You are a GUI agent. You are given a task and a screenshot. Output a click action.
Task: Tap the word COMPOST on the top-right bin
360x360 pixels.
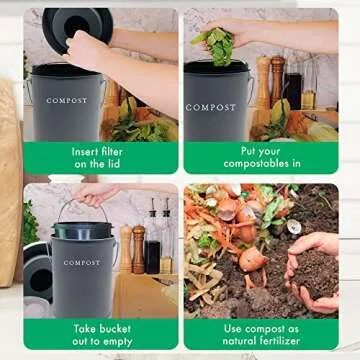pos(211,106)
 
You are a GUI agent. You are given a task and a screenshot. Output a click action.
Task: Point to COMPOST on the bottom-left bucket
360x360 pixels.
pos(82,262)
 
